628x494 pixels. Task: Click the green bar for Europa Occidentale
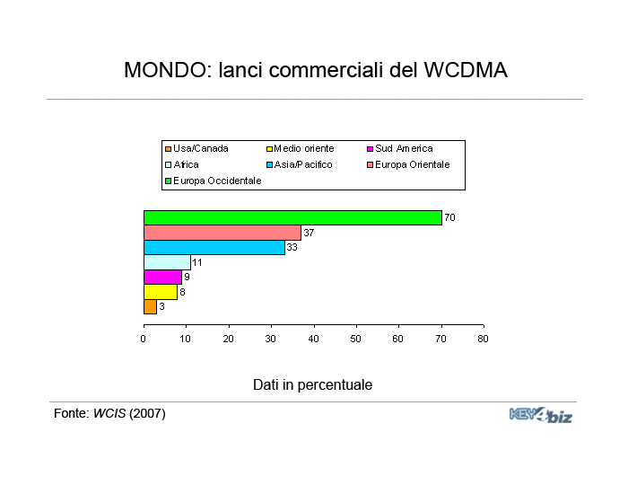click(292, 217)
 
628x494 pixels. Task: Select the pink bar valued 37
click(222, 233)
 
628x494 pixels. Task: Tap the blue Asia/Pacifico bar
click(214, 247)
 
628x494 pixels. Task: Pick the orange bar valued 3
click(150, 307)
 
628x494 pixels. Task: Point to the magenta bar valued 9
click(162, 277)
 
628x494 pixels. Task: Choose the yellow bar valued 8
click(161, 292)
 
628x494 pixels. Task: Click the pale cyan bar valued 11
click(167, 262)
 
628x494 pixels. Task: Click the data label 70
click(449, 217)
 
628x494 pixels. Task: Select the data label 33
click(292, 247)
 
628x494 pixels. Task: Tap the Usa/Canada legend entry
click(196, 149)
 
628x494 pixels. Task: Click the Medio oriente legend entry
click(300, 149)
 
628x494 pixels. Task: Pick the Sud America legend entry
click(400, 149)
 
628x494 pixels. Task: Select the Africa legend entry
click(182, 164)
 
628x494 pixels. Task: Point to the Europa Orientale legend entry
click(408, 164)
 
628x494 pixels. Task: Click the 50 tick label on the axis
click(355, 340)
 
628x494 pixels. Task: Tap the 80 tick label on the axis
click(483, 340)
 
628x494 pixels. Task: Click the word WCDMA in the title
click(466, 70)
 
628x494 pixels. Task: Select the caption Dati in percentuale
click(313, 385)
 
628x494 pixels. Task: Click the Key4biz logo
click(541, 415)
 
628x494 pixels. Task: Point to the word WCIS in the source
click(109, 413)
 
